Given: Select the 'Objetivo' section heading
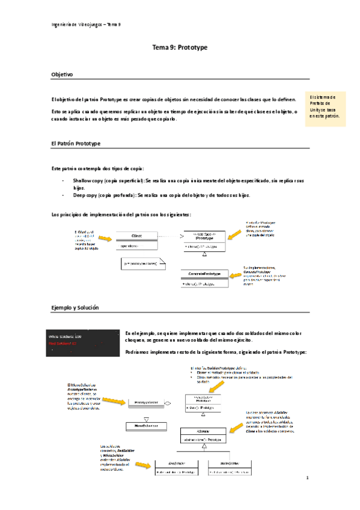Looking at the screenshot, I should point(63,75).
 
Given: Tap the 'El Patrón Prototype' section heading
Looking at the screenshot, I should point(76,144).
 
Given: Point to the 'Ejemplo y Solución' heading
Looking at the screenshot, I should point(76,308).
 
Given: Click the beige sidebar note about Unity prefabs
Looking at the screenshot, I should point(326,109).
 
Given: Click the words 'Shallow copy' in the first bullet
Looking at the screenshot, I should point(88,180).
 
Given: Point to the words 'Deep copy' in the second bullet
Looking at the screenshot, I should point(84,195).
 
